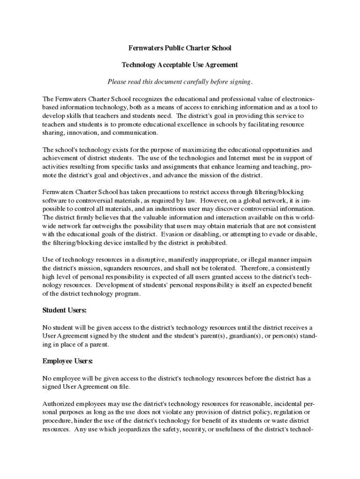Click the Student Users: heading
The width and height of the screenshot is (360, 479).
(x=65, y=310)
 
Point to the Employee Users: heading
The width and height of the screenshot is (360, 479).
(x=68, y=361)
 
